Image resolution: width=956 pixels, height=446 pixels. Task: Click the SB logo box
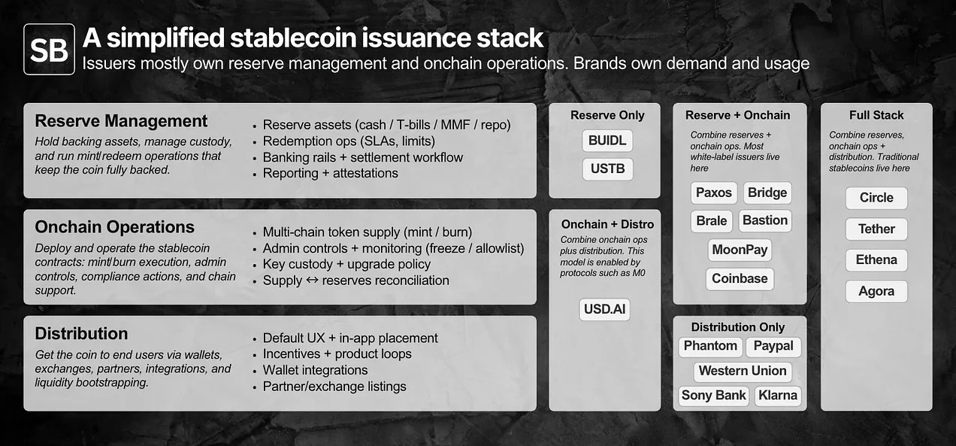[49, 49]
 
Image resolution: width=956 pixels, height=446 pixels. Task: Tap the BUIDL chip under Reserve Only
[607, 141]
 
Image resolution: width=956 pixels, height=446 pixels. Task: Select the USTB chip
[607, 168]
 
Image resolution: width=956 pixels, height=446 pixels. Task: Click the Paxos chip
[713, 193]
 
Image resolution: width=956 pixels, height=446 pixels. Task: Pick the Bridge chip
[767, 193]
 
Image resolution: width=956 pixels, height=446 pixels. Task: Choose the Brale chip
[711, 220]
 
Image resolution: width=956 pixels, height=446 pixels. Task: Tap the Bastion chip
[764, 220]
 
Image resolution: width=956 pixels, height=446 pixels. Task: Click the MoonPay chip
[740, 249]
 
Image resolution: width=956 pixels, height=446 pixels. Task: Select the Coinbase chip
[740, 278]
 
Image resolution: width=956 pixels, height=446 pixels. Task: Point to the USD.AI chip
[604, 309]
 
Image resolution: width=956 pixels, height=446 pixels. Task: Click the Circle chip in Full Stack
[876, 198]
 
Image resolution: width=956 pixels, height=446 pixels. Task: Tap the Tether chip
[876, 229]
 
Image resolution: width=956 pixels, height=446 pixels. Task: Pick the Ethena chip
[876, 260]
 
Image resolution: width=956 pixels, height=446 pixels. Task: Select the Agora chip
[876, 291]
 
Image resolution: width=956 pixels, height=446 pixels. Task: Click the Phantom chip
[710, 346]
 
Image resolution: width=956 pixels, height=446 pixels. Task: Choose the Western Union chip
[742, 371]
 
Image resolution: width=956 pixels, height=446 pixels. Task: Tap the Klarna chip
[777, 396]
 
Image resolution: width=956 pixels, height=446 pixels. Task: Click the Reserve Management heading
[121, 121]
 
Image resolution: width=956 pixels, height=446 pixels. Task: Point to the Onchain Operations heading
[114, 227]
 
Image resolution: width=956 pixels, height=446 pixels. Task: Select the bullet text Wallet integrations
[315, 370]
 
